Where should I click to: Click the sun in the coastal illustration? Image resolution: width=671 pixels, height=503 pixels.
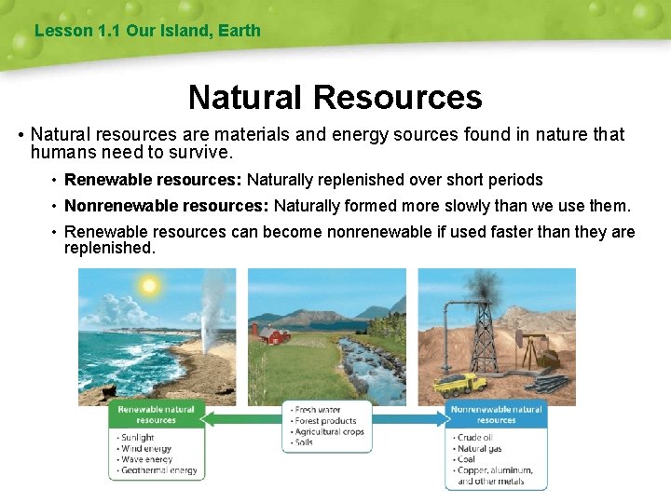pos(147,286)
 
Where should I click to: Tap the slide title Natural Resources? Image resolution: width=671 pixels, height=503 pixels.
pos(335,97)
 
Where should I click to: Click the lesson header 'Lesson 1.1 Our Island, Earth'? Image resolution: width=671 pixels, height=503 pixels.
pos(147,31)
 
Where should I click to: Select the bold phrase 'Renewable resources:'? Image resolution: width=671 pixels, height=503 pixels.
pos(153,180)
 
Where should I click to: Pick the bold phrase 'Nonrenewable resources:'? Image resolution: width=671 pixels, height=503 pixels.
pos(167,206)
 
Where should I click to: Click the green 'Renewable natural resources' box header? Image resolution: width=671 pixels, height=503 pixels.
pos(156,415)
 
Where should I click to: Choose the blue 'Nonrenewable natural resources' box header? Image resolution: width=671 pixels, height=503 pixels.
pos(496,415)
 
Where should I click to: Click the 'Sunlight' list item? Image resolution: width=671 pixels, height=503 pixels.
pos(139,437)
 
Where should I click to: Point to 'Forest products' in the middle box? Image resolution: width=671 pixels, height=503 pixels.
pos(326,421)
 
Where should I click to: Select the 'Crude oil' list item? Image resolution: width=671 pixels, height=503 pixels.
pos(475,437)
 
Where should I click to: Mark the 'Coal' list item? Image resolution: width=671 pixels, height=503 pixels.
pos(467,459)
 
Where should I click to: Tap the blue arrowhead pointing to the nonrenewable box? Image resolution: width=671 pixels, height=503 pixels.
pos(439,419)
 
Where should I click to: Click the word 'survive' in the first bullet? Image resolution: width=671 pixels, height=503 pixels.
pos(199,152)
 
